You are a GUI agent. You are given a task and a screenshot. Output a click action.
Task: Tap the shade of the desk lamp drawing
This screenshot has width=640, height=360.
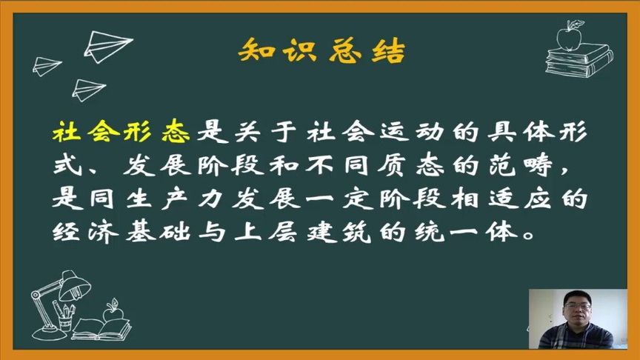point(73,282)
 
